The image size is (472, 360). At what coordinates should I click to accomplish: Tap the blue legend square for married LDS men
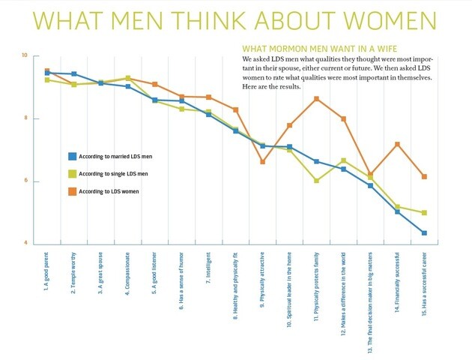[x=72, y=156]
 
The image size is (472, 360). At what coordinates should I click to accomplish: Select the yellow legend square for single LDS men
[x=72, y=173]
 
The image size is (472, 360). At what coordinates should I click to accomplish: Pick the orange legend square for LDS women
[x=72, y=191]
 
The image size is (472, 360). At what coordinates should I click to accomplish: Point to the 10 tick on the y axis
[x=25, y=56]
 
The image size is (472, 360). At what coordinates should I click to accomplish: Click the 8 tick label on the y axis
[x=25, y=118]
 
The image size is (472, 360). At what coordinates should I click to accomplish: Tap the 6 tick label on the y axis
[x=25, y=181]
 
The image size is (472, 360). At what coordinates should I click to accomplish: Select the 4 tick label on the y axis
[x=25, y=243]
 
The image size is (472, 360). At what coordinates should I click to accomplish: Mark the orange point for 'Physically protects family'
[x=316, y=99]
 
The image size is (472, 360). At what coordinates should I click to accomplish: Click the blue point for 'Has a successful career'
[x=424, y=233]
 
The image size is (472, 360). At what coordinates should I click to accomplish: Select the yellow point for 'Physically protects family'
[x=316, y=181]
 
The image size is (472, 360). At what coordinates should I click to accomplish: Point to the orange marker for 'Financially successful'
[x=397, y=144]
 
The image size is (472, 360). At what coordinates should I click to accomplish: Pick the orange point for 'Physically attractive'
[x=262, y=161]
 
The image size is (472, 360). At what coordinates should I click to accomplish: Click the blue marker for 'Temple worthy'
[x=73, y=73]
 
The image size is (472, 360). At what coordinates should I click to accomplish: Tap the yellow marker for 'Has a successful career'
[x=424, y=213]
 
